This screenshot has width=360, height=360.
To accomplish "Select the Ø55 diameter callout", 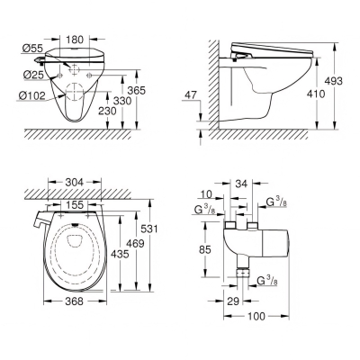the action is [33, 48].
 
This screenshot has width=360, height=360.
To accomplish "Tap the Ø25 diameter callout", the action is [34, 75].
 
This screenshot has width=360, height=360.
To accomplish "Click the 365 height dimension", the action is [137, 90].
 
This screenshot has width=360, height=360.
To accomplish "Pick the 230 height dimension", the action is [107, 111].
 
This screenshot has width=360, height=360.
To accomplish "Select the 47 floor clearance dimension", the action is [190, 95].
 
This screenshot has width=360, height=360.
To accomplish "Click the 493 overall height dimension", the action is [333, 81].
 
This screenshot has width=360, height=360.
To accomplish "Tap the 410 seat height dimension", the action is [316, 94].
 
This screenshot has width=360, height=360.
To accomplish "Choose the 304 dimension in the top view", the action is [74, 182].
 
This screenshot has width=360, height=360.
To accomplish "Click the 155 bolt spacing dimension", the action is [75, 205].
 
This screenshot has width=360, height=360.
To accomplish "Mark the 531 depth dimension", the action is [149, 229].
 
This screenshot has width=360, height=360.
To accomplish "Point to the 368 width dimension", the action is [74, 301].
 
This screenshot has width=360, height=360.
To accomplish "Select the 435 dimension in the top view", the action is [120, 255].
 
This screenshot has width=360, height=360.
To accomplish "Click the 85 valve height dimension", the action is [204, 249].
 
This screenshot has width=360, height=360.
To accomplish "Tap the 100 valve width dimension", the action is [256, 316].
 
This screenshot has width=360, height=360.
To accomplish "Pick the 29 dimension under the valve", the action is [233, 301].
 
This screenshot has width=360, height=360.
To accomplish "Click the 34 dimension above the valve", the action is [241, 184].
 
